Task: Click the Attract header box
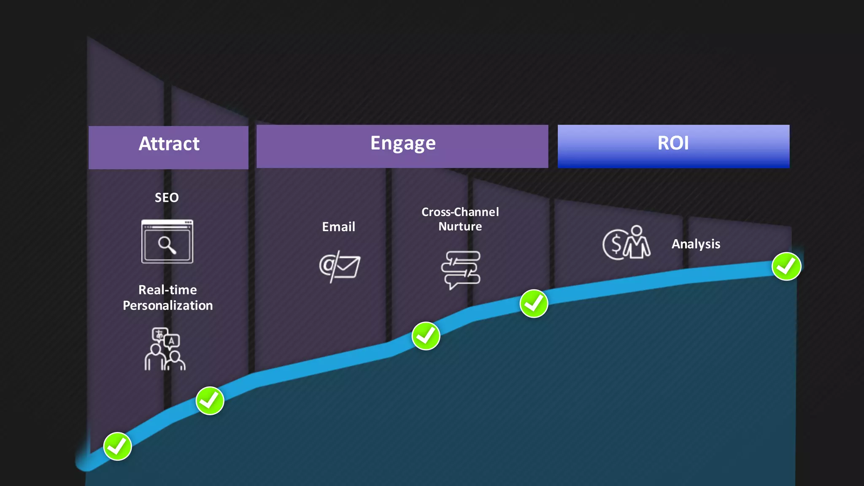point(168,147)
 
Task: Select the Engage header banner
point(402,146)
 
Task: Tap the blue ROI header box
point(673,146)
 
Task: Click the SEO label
point(167,197)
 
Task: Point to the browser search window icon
point(167,241)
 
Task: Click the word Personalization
point(167,305)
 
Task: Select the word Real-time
point(167,290)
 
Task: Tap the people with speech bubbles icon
point(165,349)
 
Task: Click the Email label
point(338,227)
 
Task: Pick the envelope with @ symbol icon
point(340,267)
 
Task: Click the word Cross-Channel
point(460,212)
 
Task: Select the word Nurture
point(460,227)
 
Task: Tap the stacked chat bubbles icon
point(461,269)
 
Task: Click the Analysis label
point(696,244)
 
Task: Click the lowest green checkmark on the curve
point(118,446)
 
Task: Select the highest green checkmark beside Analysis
point(786,266)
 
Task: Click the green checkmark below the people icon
point(210,400)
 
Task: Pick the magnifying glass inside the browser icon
point(167,245)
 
